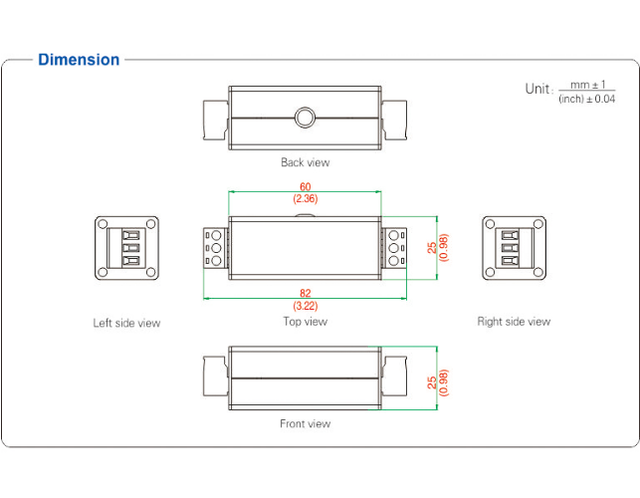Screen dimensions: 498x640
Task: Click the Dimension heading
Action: [79, 60]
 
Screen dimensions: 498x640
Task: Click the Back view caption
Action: [305, 162]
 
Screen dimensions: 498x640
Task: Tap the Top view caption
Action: [305, 322]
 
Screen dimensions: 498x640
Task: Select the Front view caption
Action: [305, 424]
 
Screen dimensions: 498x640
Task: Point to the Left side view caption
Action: [126, 323]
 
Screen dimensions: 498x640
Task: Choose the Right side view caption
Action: [514, 322]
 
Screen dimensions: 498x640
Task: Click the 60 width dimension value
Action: [305, 186]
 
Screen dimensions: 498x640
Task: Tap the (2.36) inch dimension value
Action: [305, 199]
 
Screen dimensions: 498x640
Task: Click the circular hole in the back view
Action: [305, 118]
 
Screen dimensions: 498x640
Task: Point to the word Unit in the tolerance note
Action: [537, 89]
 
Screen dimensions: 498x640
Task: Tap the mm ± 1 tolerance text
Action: [587, 85]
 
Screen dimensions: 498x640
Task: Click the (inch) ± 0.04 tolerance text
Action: [587, 99]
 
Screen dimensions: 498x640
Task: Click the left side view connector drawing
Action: [126, 247]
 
